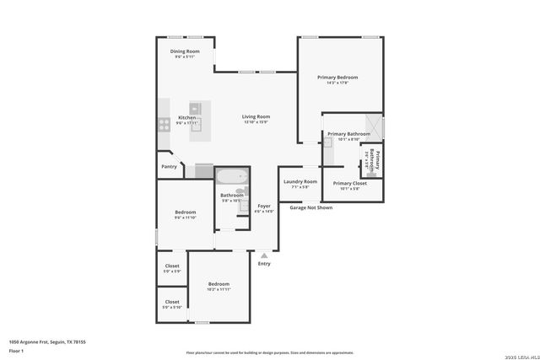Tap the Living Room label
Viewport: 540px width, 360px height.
(x=256, y=116)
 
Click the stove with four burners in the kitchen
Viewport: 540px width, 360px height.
(x=163, y=124)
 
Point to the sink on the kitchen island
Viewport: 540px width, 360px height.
(x=195, y=108)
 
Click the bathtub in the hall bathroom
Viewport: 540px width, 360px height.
(x=230, y=178)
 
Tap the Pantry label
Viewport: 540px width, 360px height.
(x=169, y=166)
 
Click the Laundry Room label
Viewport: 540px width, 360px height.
(x=300, y=181)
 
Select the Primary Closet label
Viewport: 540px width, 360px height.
(x=349, y=183)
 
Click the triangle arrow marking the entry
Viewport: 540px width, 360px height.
(x=264, y=253)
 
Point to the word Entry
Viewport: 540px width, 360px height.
(x=264, y=264)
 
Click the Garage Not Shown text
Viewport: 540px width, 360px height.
(x=311, y=207)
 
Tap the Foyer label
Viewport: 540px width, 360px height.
(x=264, y=206)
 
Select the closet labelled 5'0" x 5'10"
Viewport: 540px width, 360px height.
(x=172, y=304)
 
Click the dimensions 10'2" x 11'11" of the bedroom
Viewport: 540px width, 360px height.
(x=219, y=290)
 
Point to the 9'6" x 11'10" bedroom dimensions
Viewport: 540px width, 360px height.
(x=185, y=218)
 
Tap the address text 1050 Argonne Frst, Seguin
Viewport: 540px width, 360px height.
(x=47, y=341)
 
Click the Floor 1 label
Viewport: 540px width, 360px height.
(x=16, y=350)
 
